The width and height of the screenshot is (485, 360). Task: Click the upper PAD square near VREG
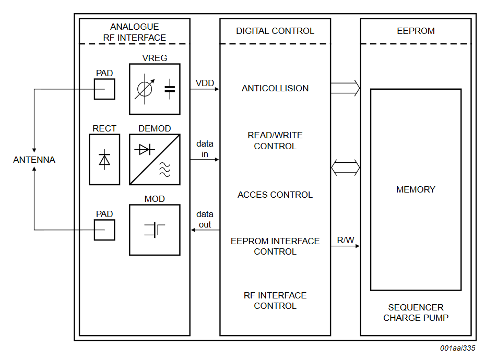104,89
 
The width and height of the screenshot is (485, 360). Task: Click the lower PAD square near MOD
104,230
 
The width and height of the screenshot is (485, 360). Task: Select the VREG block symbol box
155,89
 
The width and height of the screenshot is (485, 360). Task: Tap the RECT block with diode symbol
104,160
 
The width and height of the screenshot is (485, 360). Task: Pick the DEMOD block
155,160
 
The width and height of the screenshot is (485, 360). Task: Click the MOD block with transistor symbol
155,230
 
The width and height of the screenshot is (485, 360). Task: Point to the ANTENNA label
34,160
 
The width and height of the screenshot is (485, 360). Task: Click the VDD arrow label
205,83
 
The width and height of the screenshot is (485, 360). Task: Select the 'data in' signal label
205,149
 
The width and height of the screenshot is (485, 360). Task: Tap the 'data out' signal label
205,219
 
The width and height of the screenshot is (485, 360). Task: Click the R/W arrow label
345,240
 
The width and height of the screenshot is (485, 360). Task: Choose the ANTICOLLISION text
275,88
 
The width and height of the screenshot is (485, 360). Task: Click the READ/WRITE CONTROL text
275,141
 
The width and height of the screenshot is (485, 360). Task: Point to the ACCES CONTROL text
275,195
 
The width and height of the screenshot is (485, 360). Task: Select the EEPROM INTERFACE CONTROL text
275,246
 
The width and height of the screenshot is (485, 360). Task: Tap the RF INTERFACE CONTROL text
275,301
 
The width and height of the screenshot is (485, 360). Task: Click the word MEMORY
416,189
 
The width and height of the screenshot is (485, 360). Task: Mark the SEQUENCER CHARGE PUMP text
416,313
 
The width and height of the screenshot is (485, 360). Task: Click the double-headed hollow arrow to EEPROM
346,167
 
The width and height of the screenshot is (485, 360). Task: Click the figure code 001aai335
457,349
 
